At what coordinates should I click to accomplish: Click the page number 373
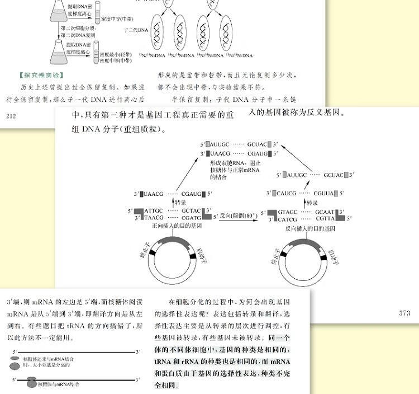tap(405, 313)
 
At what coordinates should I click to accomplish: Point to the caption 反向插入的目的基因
tap(310, 228)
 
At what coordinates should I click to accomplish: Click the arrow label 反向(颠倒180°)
tap(237, 215)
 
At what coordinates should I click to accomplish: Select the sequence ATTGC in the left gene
tap(154, 211)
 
